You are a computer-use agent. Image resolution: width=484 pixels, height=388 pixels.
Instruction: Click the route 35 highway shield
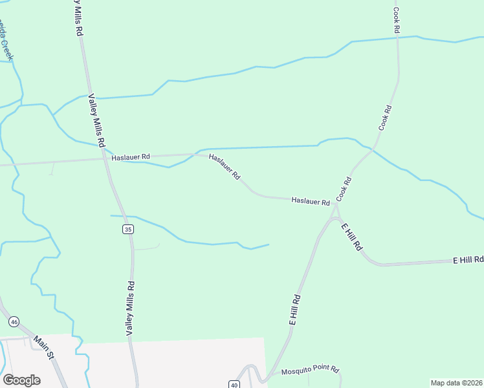point(127,230)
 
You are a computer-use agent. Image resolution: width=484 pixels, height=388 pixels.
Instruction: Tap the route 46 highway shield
point(14,321)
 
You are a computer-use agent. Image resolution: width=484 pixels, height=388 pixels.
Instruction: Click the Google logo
point(21,380)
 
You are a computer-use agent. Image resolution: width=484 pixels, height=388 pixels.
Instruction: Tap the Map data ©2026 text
point(457,383)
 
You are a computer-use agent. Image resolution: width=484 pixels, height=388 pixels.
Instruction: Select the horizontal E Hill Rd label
point(468,260)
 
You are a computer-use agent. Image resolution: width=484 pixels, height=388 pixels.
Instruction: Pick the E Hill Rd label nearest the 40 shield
point(296,310)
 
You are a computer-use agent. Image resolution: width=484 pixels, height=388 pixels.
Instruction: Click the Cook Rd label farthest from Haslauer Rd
point(397,21)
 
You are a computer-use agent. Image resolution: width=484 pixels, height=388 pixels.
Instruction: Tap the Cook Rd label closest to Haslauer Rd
point(344,188)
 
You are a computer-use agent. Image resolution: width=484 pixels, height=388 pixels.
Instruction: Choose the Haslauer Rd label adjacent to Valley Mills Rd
point(130,156)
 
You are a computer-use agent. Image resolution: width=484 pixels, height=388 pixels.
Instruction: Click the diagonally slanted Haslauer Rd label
point(225,167)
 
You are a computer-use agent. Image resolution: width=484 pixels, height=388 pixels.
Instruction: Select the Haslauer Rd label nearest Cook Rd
point(311,202)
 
